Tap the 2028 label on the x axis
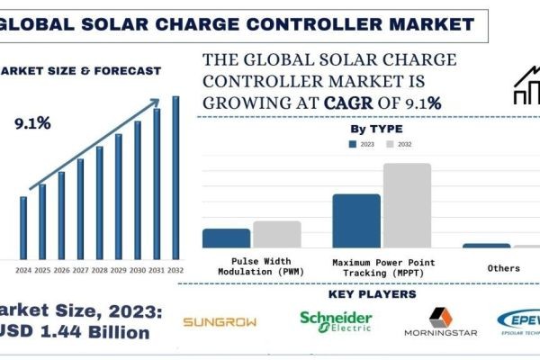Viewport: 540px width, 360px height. pos(99,270)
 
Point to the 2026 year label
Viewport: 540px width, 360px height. pos(61,270)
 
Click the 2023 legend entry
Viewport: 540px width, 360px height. pos(361,143)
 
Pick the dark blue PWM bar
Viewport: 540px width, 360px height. pos(226,238)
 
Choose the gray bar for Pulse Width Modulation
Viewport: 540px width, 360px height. pos(276,234)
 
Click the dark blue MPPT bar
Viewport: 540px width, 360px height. pos(356,220)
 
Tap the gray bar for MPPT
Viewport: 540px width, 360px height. pos(407,205)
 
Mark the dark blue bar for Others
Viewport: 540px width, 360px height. pos(486,245)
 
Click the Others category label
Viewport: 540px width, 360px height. pos(503,268)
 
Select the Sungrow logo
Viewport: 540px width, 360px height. pos(220,321)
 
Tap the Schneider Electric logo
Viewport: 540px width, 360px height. pos(336,321)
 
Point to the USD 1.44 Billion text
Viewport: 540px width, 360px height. pos(76,333)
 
